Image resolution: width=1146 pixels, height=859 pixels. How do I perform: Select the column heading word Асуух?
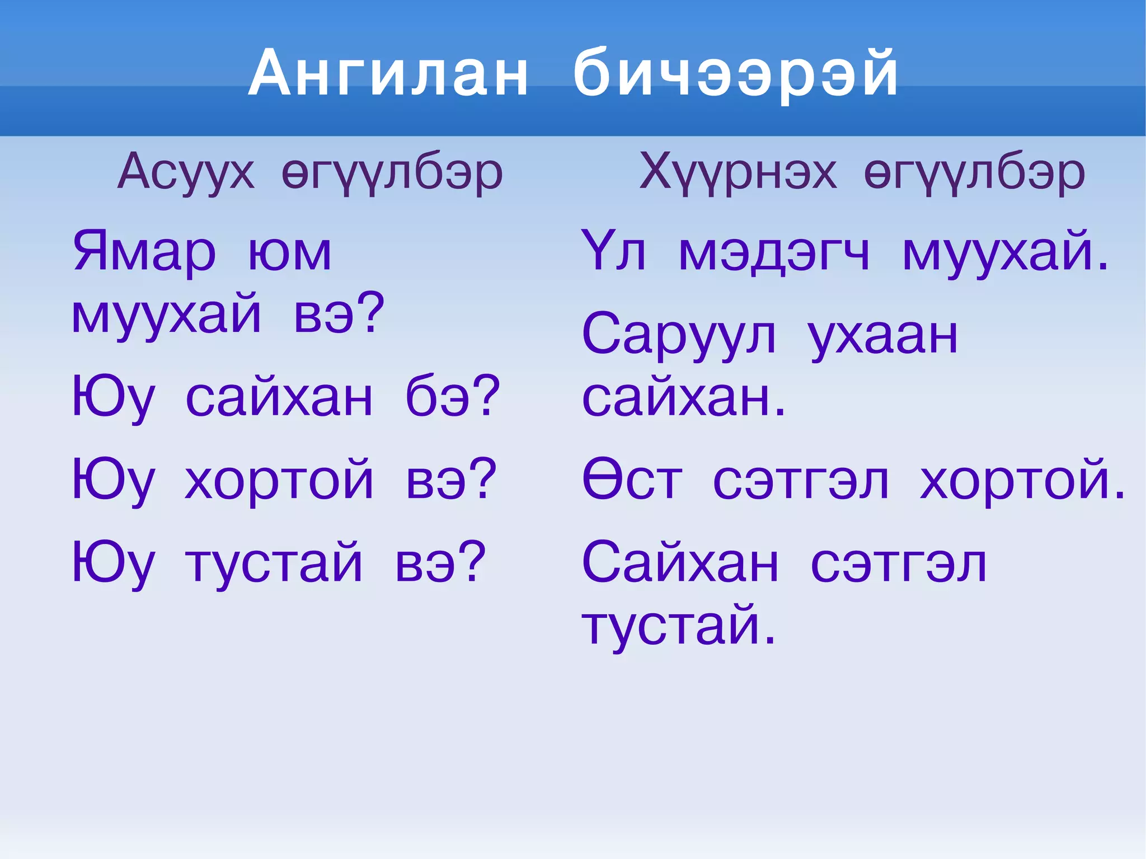(186, 172)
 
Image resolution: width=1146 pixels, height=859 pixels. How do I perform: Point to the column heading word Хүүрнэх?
(738, 172)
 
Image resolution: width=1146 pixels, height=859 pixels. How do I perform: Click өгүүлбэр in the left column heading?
(392, 173)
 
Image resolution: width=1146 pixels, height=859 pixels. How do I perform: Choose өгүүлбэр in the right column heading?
(974, 173)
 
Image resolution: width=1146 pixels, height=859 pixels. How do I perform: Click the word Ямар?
(144, 252)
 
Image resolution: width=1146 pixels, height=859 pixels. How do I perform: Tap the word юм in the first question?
(290, 253)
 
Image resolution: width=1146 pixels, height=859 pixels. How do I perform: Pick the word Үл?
(613, 252)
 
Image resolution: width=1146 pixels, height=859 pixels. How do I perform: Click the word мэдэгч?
(774, 253)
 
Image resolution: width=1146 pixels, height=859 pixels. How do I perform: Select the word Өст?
(632, 480)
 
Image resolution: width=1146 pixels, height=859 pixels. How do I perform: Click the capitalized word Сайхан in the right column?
(680, 562)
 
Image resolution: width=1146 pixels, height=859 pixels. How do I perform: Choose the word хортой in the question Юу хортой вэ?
(279, 480)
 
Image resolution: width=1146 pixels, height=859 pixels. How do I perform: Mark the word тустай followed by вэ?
(274, 564)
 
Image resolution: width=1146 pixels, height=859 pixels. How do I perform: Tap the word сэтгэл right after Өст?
(801, 481)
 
